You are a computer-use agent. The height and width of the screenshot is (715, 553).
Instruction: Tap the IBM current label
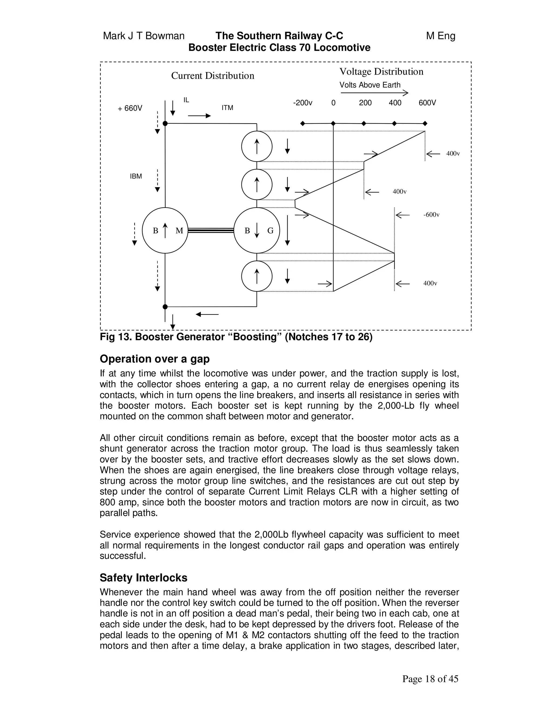[x=136, y=176]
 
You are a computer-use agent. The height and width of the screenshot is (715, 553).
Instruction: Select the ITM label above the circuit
[x=227, y=108]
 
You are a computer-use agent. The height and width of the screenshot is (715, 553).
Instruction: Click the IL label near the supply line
[x=186, y=100]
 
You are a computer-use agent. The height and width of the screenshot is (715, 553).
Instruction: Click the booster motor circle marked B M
[x=165, y=230]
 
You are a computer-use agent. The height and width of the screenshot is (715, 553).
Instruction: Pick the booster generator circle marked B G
[x=257, y=230]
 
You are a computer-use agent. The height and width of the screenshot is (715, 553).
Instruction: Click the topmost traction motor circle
[x=257, y=146]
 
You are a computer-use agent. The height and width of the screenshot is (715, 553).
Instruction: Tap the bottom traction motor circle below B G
[x=257, y=276]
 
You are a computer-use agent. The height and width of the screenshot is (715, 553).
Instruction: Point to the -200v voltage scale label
[x=303, y=103]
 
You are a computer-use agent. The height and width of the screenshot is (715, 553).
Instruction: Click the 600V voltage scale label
[x=427, y=103]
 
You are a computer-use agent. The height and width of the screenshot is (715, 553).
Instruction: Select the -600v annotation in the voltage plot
[x=431, y=215]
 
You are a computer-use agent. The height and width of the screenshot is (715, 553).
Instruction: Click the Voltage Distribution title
[x=381, y=71]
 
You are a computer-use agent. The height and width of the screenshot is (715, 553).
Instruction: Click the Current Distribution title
[x=213, y=76]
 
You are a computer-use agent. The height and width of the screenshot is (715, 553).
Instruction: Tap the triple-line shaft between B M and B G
[x=211, y=230]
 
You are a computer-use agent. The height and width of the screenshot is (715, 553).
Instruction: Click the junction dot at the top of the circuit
[x=165, y=123]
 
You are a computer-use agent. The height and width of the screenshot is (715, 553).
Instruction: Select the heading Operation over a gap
[x=155, y=359]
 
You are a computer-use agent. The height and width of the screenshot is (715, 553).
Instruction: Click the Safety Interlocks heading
[x=143, y=577]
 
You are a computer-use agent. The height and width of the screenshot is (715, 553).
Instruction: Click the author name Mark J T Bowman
[x=144, y=36]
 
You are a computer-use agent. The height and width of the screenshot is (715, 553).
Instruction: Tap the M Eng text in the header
[x=441, y=36]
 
